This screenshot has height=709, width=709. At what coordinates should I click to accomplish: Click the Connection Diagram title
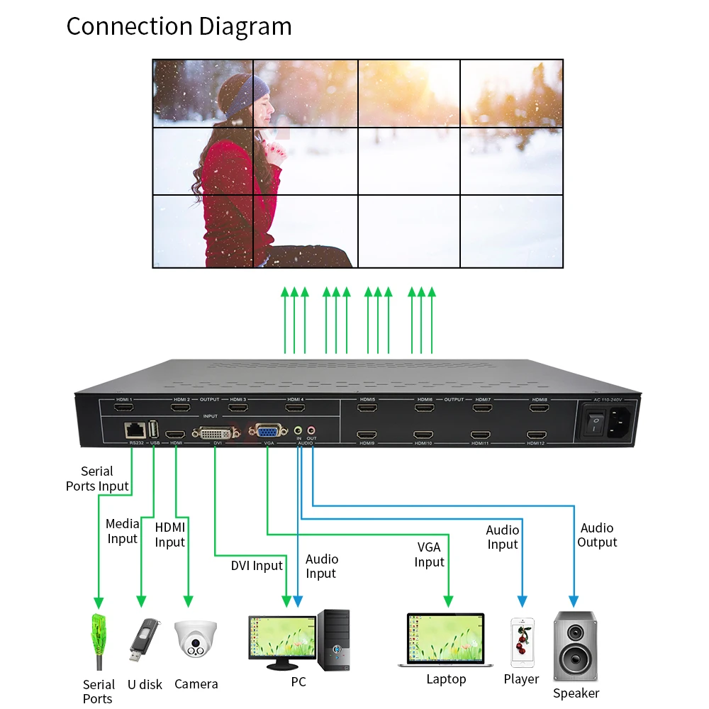(179, 26)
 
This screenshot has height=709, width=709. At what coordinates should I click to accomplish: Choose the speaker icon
(575, 646)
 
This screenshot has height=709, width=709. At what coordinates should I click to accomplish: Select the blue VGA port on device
(267, 431)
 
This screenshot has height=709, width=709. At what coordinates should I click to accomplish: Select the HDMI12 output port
(536, 434)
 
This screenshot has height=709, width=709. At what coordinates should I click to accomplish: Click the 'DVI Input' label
(257, 566)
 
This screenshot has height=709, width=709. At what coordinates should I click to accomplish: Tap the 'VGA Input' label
(429, 554)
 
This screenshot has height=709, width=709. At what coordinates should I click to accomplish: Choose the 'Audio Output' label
(597, 535)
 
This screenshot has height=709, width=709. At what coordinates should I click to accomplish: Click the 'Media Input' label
(123, 531)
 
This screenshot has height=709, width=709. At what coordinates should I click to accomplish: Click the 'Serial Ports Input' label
(97, 479)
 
